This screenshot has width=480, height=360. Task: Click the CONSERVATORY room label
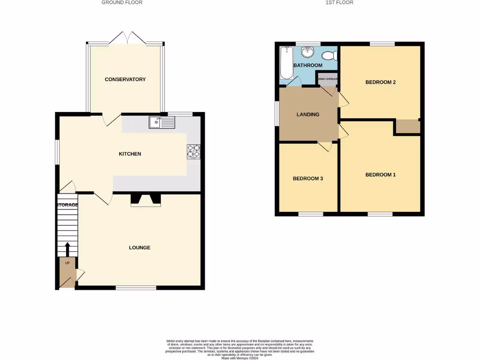coord(125,79)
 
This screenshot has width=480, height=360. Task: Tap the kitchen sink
coord(162,122)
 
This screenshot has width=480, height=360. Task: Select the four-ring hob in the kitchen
coord(193,151)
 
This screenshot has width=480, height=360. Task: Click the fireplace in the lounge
coord(145,200)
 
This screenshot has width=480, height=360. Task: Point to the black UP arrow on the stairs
coord(67,249)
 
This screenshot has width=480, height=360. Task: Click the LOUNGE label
coord(140,247)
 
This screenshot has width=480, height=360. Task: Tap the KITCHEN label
coord(130,154)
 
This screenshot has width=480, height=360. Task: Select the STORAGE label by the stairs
coord(67,205)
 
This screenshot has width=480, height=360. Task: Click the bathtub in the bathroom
coord(285,63)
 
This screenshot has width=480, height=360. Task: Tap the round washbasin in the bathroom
coord(307,51)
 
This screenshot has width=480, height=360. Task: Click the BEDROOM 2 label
coord(381,82)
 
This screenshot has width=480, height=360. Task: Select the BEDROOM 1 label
coord(381,175)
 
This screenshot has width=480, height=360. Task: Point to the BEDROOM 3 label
coord(308,179)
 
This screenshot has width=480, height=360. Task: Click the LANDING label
coord(308,114)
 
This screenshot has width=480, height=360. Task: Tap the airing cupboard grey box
coord(327,79)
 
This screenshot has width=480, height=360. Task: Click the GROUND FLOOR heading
coord(122,2)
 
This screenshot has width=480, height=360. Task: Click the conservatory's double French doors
coord(125,38)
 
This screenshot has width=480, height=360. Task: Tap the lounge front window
coord(136,287)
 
